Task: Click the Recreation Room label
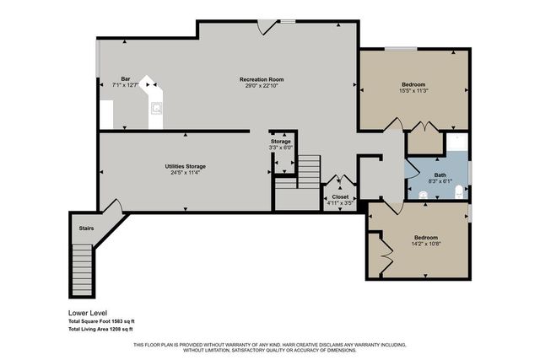(x=260, y=79)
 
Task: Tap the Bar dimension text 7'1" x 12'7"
(x=125, y=85)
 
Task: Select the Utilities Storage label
(x=185, y=166)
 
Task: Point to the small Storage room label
(x=280, y=142)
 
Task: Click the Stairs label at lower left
(x=86, y=228)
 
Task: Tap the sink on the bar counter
(x=156, y=107)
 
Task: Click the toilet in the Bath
(x=458, y=193)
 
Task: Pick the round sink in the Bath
(x=422, y=195)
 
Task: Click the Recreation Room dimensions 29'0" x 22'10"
(x=260, y=85)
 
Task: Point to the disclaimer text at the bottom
(x=270, y=347)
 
